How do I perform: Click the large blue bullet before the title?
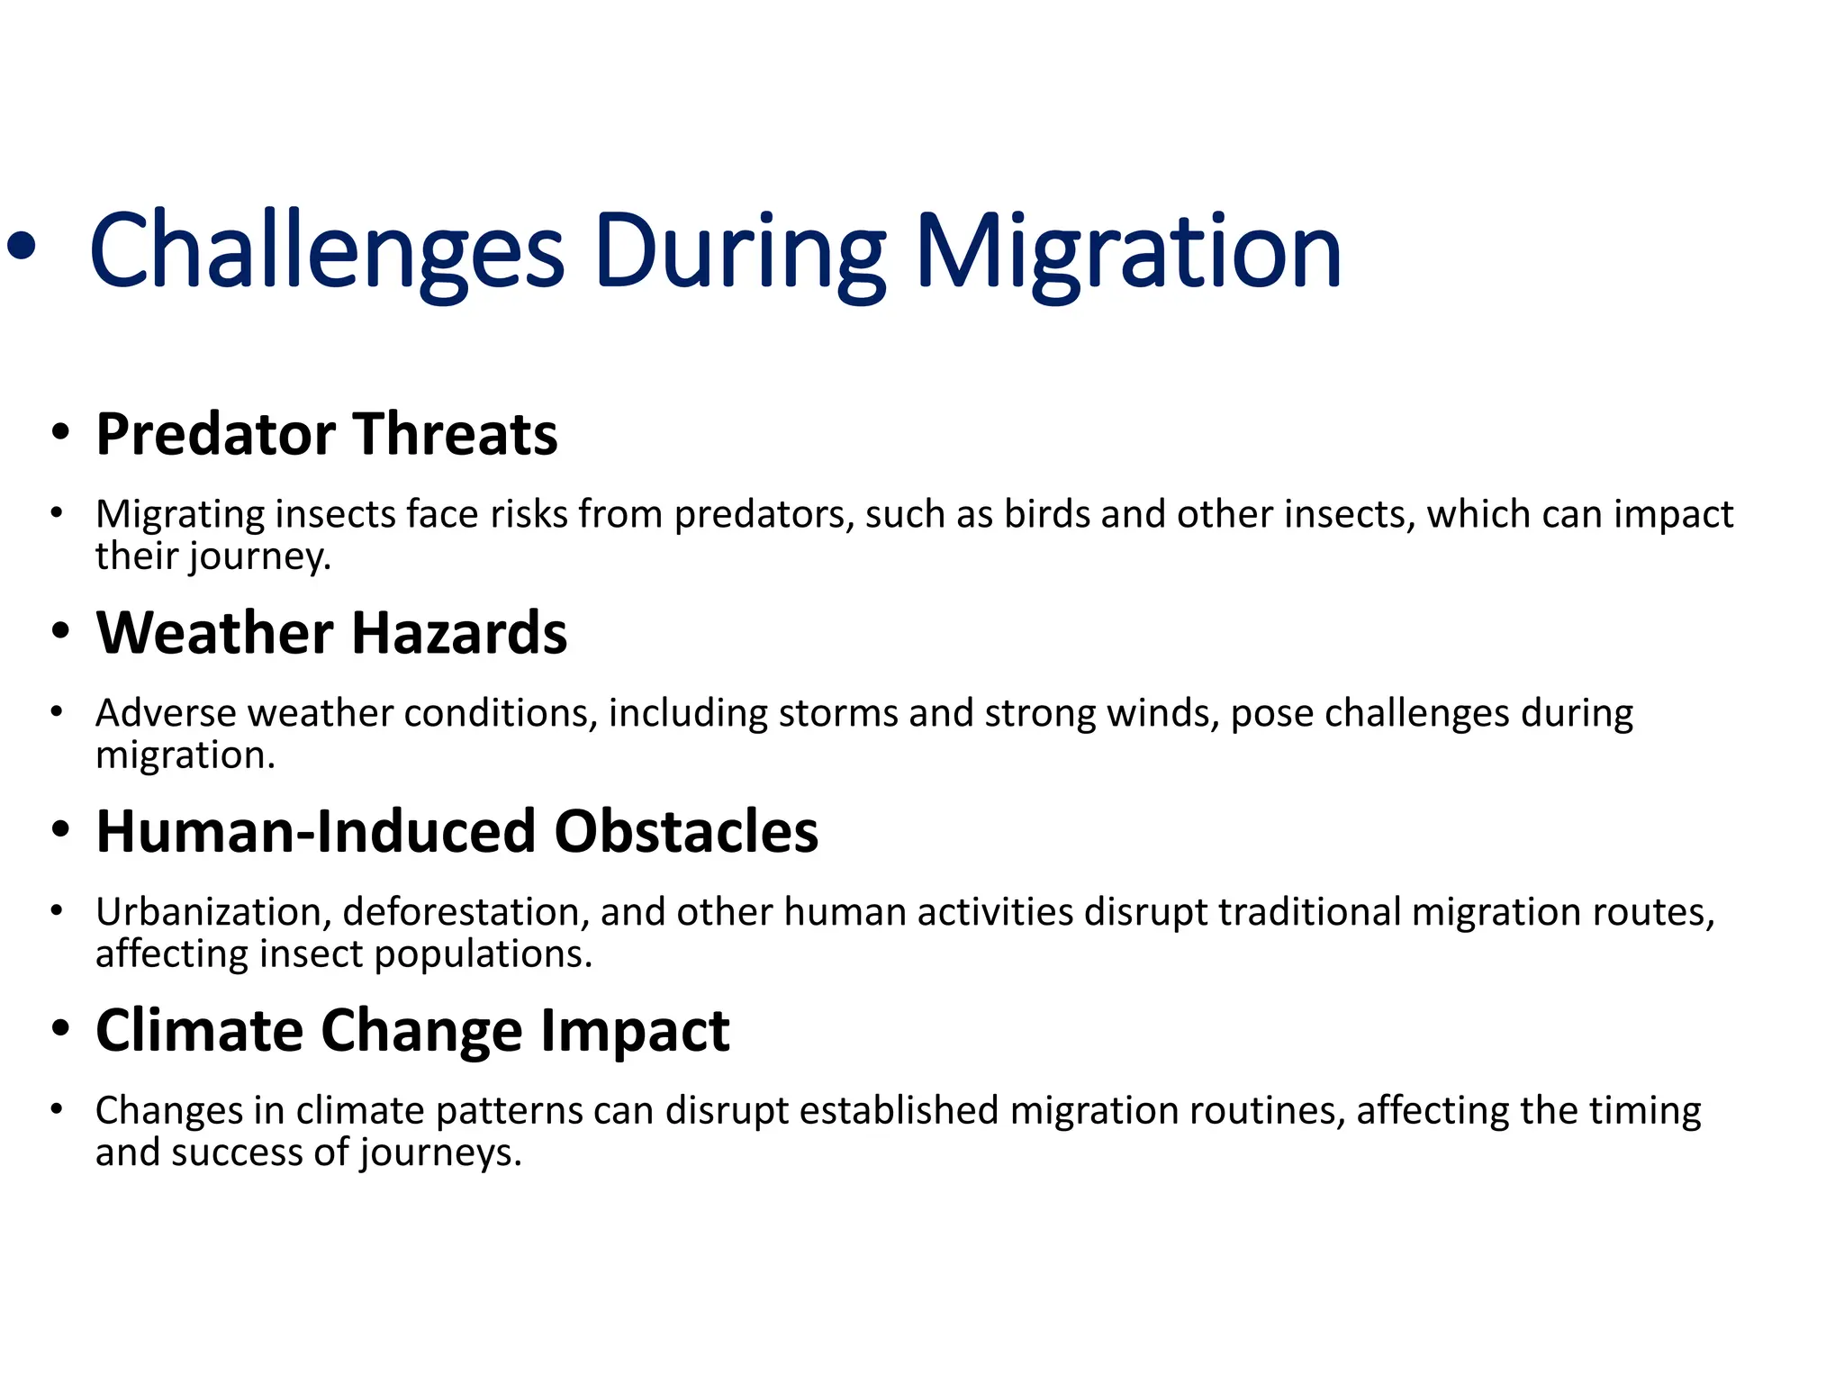[21, 246]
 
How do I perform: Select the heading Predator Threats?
[326, 434]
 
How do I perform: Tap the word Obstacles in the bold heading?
[685, 831]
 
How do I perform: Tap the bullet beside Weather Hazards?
[59, 630]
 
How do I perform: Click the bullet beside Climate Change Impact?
[59, 1027]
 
